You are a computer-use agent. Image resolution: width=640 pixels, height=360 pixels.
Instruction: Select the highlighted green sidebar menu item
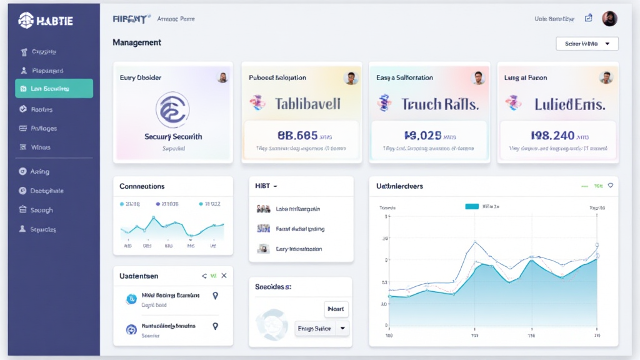coord(54,89)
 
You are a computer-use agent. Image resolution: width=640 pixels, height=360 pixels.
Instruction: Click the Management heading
coord(137,42)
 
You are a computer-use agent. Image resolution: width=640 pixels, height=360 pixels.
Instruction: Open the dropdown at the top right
coord(587,44)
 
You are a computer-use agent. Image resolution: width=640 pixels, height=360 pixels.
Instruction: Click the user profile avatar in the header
coord(609,19)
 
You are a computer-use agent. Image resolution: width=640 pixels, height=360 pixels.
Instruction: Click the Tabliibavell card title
coord(307,104)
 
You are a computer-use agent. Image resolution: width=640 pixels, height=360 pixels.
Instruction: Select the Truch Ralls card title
coord(439,104)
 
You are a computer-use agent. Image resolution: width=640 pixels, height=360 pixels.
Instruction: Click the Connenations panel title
coord(142,186)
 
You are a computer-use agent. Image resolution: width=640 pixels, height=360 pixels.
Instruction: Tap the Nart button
coord(336,309)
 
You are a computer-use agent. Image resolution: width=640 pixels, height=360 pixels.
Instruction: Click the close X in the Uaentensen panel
coord(224,276)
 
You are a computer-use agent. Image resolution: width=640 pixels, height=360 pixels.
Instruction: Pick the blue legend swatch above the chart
coord(472,206)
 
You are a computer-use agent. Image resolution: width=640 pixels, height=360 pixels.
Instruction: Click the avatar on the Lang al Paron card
coord(606,77)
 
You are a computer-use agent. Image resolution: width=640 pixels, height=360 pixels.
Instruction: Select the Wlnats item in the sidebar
coord(41,147)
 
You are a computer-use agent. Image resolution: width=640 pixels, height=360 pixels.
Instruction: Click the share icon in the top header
coord(588,19)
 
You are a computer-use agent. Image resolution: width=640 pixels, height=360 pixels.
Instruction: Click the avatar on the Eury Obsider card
coord(222,77)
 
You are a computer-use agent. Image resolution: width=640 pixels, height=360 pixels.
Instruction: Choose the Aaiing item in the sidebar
coord(40,171)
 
